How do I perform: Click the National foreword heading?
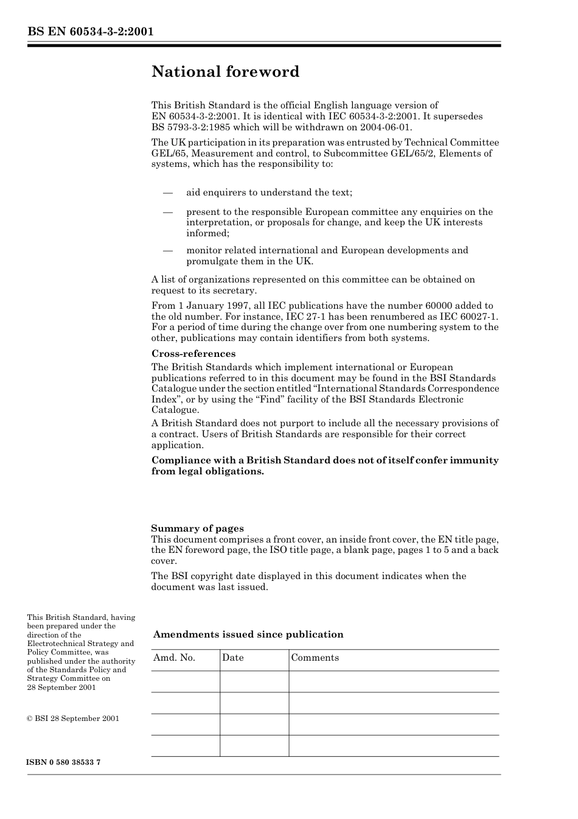pos(225,72)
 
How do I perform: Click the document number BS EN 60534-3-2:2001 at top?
pos(90,31)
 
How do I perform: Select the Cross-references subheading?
pos(193,354)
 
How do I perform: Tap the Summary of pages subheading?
pos(197,529)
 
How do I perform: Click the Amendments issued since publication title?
pos(248,634)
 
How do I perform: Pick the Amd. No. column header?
pos(174,658)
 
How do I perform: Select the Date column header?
pos(232,658)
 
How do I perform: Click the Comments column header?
pos(315,658)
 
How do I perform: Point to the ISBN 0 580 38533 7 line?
pos(64,762)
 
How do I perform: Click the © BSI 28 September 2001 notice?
pos(73,719)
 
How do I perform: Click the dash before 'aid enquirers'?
pos(168,192)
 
